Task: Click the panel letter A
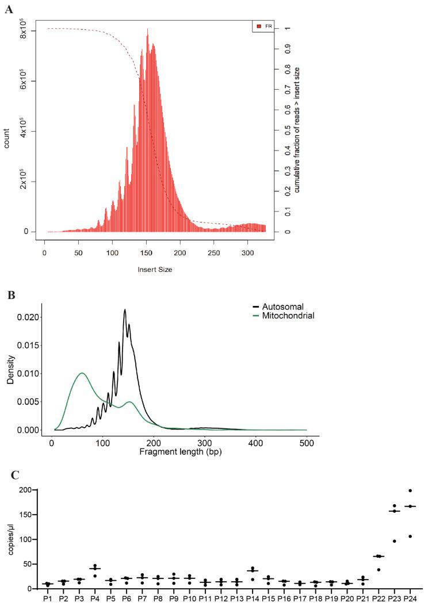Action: [x=9, y=9]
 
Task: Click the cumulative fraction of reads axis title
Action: [x=298, y=129]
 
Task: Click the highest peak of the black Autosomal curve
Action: [x=125, y=310]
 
